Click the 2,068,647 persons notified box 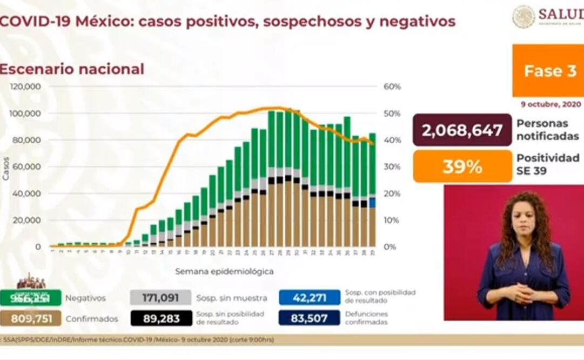(462, 130)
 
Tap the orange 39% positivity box (462, 166)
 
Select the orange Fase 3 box (548, 71)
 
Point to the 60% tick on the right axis (392, 86)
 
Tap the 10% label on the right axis (392, 220)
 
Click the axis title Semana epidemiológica (224, 271)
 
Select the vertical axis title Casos (6, 168)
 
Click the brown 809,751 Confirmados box (31, 318)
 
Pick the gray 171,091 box (161, 297)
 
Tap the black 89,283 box (161, 318)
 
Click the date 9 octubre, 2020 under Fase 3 (551, 104)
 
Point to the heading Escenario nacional (72, 69)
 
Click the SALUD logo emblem (523, 16)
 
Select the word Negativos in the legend (85, 298)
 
